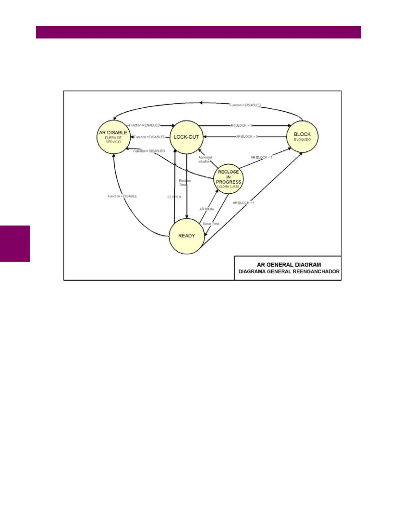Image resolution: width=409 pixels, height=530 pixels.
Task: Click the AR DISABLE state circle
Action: coord(113,137)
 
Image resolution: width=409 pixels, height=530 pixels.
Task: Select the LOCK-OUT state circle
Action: coord(186,137)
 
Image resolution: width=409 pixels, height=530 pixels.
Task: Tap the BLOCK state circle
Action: coord(302,137)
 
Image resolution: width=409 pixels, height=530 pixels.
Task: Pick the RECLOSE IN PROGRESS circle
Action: coord(229,179)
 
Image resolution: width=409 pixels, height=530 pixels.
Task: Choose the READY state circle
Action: coord(186,236)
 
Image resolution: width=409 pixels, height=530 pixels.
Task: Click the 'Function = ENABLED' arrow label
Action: coord(145,125)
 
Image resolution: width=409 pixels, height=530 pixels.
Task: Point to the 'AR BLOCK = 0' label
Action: coord(247,137)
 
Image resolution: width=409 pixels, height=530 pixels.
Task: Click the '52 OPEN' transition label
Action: coord(174,197)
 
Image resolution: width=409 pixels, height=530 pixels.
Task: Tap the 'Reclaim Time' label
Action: coord(184,183)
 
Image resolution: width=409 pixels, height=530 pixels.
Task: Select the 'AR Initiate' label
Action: coord(207,209)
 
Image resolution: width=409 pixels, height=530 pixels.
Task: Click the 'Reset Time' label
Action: coord(211,224)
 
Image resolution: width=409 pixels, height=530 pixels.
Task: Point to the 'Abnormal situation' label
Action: coord(205,159)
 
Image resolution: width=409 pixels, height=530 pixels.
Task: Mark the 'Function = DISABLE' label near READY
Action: coord(122,196)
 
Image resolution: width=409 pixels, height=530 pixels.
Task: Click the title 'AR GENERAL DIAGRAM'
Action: coord(289,264)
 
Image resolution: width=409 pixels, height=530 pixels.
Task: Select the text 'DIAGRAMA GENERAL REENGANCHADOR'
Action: coord(289,271)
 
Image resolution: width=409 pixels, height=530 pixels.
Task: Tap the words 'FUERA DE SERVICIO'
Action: coord(113,140)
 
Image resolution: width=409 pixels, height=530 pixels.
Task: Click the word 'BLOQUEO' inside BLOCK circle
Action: coord(302,140)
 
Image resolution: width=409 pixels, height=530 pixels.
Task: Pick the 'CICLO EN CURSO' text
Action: coord(228,187)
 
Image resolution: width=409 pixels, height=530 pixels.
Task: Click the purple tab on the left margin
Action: coord(15,243)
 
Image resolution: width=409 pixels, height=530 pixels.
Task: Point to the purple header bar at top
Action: coord(198,32)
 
